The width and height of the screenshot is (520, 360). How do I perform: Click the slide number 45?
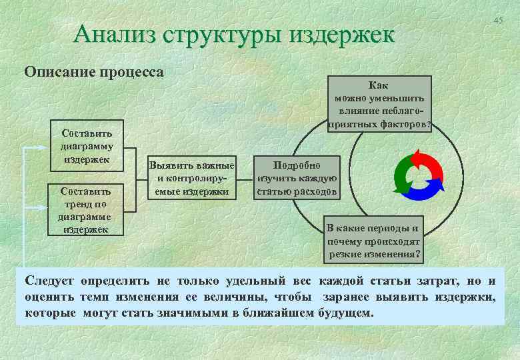(498, 21)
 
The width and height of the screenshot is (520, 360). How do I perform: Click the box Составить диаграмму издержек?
(86, 147)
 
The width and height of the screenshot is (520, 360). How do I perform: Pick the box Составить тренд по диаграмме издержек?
(86, 210)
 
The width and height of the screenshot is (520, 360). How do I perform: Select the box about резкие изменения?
(374, 241)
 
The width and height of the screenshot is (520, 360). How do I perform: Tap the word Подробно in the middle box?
(297, 165)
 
